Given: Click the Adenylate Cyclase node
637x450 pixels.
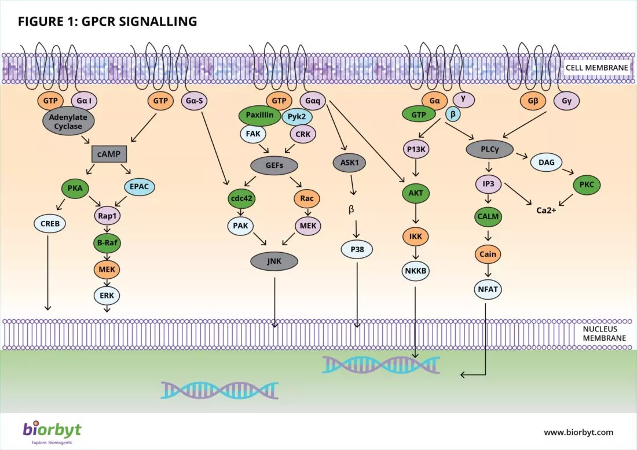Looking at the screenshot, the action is tap(68, 121).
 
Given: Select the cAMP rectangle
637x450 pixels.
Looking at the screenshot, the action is tap(109, 154).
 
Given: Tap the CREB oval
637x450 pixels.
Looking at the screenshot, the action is tap(50, 224).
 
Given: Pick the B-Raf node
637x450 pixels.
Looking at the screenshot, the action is tap(107, 243).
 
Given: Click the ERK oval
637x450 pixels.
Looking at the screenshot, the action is tap(107, 296).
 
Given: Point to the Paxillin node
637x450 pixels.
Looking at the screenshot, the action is tap(259, 115).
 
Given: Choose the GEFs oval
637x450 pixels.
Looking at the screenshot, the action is tap(274, 165).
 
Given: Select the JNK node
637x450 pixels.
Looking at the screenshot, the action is tap(274, 261).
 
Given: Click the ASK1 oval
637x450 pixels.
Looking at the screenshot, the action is tap(349, 163).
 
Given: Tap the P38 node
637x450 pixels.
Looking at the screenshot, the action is tap(357, 249).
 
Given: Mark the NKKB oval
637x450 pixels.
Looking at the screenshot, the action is tap(416, 271).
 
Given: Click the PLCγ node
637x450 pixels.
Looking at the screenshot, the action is tap(489, 149).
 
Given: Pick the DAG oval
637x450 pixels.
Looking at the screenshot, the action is tap(547, 163).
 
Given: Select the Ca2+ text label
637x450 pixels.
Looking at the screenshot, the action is tap(547, 210).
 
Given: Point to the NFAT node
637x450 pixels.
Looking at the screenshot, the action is tap(488, 289).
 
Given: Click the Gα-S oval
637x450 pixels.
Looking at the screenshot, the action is tap(194, 101).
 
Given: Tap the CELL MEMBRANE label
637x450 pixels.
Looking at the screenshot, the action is tap(597, 68).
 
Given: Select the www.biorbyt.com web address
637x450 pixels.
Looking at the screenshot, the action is tap(579, 432).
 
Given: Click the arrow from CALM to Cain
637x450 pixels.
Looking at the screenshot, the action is tap(488, 236).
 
